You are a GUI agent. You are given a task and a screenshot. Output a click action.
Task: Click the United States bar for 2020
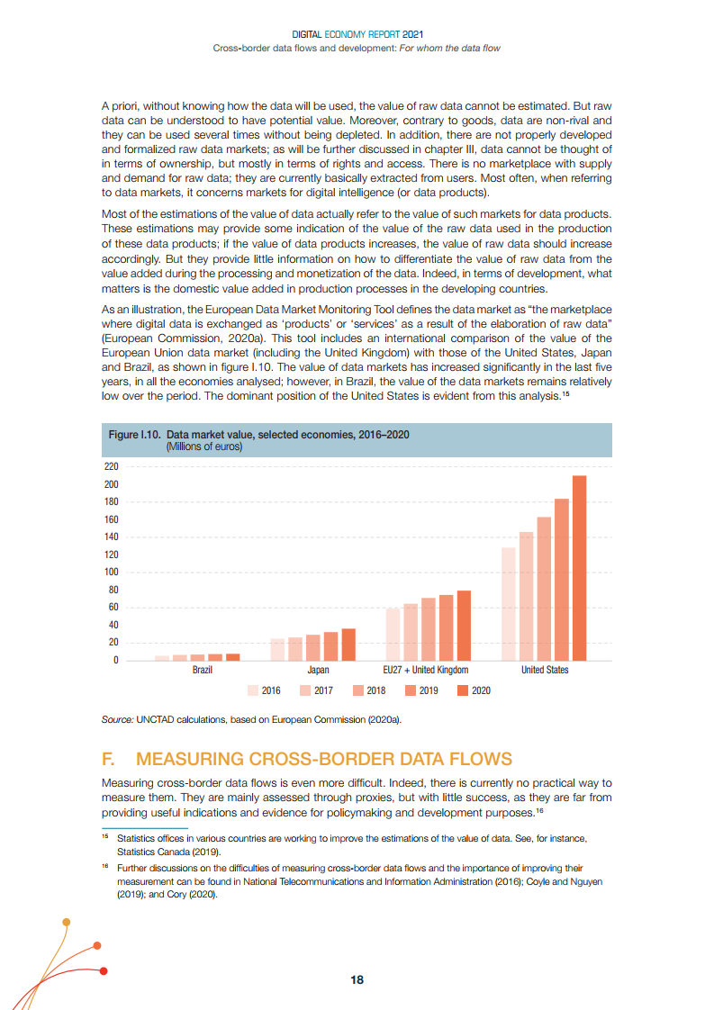[x=580, y=568]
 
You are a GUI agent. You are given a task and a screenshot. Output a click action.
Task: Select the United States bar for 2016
[x=508, y=604]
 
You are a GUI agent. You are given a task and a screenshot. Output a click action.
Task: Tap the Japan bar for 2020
[x=348, y=645]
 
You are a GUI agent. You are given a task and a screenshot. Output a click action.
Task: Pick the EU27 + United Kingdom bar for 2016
[x=393, y=635]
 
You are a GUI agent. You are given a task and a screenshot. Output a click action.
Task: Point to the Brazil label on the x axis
[x=203, y=671]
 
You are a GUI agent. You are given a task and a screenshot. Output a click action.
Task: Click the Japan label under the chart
[x=318, y=671]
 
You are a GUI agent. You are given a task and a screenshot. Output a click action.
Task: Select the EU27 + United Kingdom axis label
[x=426, y=671]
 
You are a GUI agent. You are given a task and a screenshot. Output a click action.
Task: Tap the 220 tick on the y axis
[x=112, y=467]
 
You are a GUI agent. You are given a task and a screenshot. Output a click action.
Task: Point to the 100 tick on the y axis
[x=112, y=573]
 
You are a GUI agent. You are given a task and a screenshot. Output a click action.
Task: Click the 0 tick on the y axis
[x=115, y=661]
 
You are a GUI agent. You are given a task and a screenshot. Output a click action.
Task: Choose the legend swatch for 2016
[x=253, y=691]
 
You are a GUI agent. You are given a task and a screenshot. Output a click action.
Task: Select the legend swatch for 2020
[x=463, y=691]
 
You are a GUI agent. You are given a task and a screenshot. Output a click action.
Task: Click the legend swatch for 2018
[x=357, y=691]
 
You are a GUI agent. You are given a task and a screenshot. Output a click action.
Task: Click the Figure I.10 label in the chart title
[x=135, y=435]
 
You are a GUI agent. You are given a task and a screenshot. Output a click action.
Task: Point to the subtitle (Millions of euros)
[x=204, y=446]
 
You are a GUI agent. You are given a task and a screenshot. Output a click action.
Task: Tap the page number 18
[x=357, y=980]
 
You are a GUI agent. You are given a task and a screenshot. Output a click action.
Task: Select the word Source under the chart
[x=117, y=721]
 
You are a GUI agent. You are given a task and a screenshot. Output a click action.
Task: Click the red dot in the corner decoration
[x=104, y=970]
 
